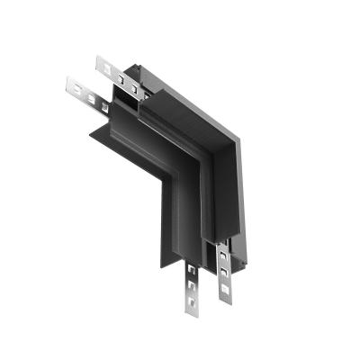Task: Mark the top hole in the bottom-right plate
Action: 222,256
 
